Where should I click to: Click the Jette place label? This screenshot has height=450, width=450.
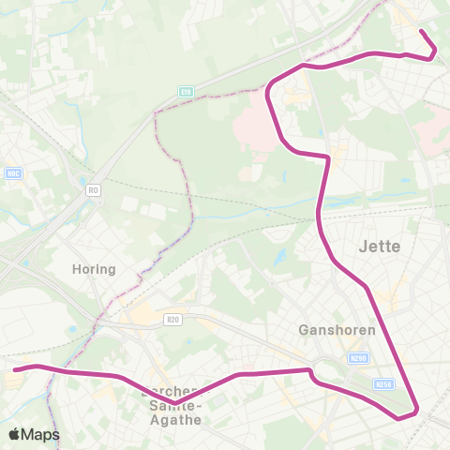click(380, 247)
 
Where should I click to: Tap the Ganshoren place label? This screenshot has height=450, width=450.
click(337, 330)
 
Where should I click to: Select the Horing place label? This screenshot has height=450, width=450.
click(94, 269)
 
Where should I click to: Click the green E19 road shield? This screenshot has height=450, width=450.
click(186, 91)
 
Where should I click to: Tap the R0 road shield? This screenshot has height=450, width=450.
click(93, 190)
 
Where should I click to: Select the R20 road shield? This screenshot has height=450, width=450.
click(172, 319)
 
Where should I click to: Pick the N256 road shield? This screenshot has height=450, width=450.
click(382, 384)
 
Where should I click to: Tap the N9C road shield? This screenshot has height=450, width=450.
click(14, 172)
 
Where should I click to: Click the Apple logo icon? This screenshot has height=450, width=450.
click(15, 434)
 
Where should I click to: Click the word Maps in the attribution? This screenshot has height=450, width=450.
click(41, 434)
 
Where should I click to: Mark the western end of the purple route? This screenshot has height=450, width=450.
click(15, 369)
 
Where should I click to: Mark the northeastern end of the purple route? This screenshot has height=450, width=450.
click(421, 32)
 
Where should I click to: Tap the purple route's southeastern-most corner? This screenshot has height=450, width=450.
click(415, 408)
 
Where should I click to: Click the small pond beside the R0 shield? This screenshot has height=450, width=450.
click(82, 182)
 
